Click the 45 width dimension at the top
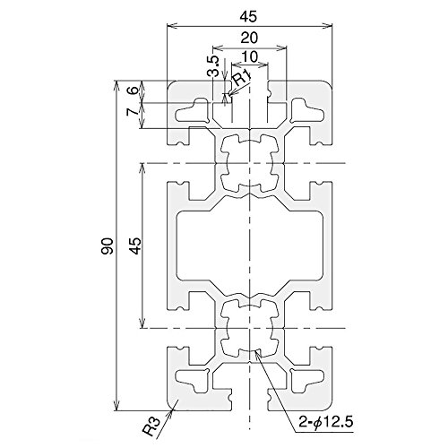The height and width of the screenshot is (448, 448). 249,17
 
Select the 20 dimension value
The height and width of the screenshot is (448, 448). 249,38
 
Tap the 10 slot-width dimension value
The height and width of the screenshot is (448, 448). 250,56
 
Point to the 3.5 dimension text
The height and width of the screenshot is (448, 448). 214,66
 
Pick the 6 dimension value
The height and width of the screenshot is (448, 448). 134,90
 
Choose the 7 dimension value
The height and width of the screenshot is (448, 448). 134,112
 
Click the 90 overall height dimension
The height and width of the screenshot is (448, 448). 108,246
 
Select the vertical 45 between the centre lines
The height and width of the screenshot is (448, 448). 136,246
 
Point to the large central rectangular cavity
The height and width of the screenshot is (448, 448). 250,246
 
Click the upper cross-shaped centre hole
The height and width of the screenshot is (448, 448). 249,163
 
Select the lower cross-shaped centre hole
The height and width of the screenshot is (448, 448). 249,328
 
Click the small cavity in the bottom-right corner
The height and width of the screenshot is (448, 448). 306,381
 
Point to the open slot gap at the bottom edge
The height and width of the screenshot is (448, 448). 250,400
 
